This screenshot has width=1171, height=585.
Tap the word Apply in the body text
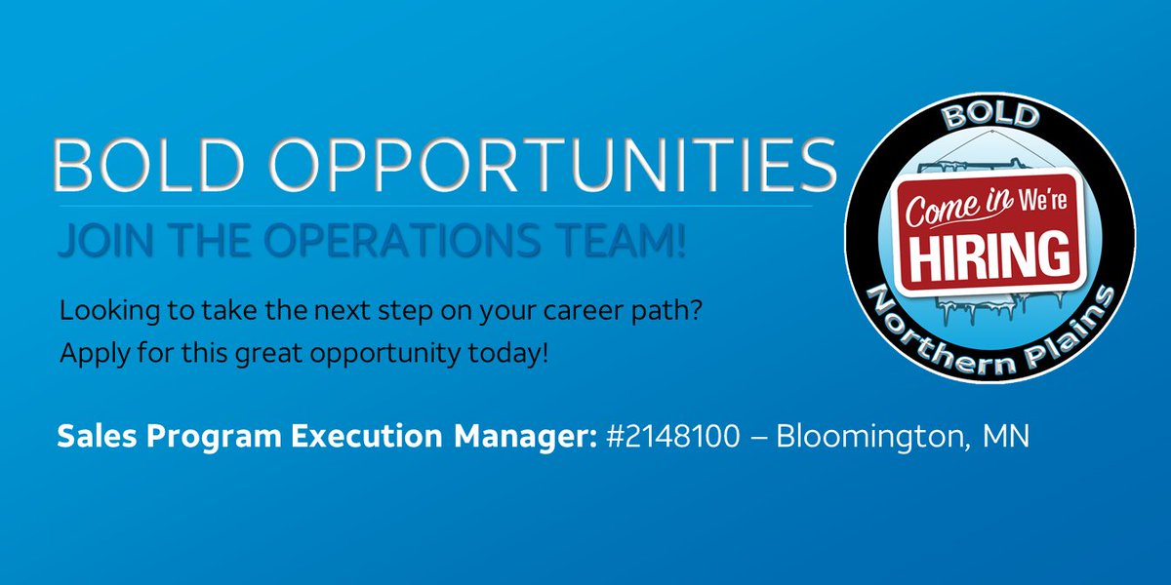point(88,352)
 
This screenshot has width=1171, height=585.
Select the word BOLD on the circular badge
point(989,118)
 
